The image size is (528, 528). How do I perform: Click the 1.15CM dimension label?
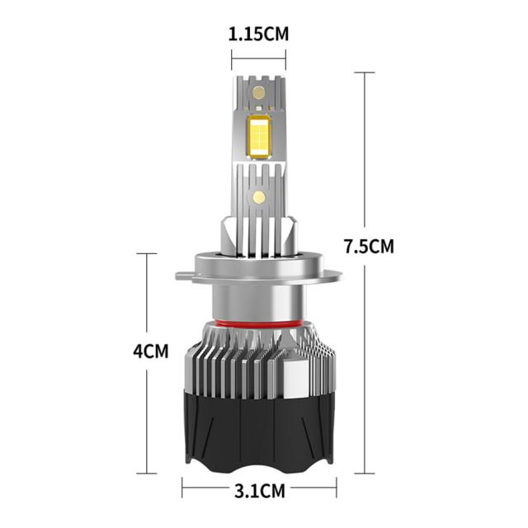pos(258,35)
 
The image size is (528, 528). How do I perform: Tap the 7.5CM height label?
pos(369,246)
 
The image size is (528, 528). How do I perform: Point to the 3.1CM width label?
pos(260,491)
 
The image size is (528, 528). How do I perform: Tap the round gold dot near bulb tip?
pos(258,92)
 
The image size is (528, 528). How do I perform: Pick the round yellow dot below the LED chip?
pos(259,197)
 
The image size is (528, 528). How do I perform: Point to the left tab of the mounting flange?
pos(185,276)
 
